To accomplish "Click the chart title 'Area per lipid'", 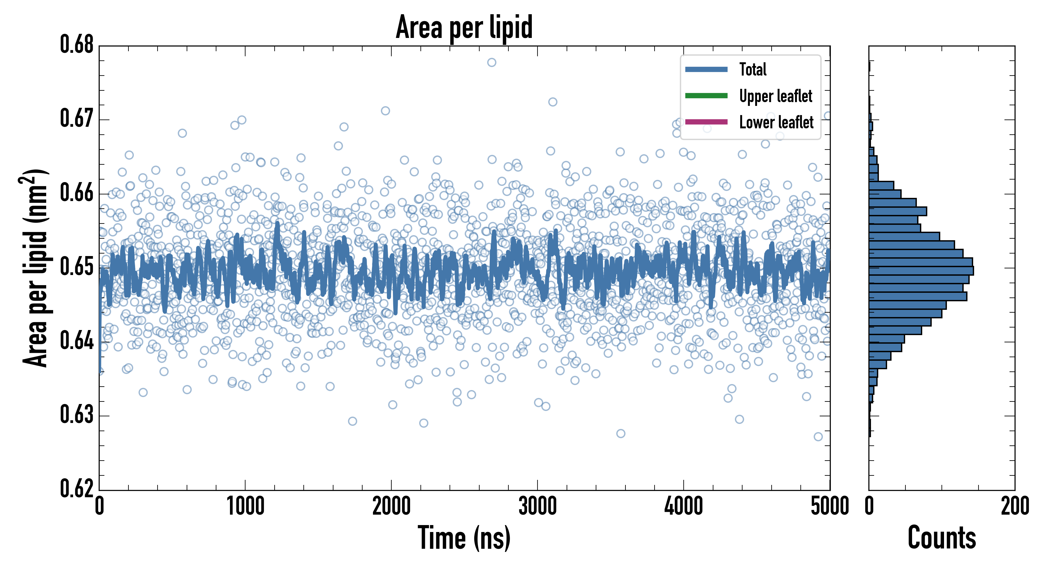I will pyautogui.click(x=464, y=28).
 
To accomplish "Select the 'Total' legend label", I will pyautogui.click(x=753, y=69).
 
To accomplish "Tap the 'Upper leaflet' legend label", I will pyautogui.click(x=775, y=96).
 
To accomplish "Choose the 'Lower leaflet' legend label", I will pyautogui.click(x=776, y=122).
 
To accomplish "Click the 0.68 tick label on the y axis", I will pyautogui.click(x=77, y=45).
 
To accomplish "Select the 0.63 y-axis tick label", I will pyautogui.click(x=77, y=415).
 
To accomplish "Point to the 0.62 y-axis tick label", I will pyautogui.click(x=77, y=488).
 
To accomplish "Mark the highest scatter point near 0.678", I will pyautogui.click(x=492, y=62).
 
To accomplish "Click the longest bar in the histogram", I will pyautogui.click(x=921, y=271).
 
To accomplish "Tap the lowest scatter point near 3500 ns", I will pyautogui.click(x=620, y=434).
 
